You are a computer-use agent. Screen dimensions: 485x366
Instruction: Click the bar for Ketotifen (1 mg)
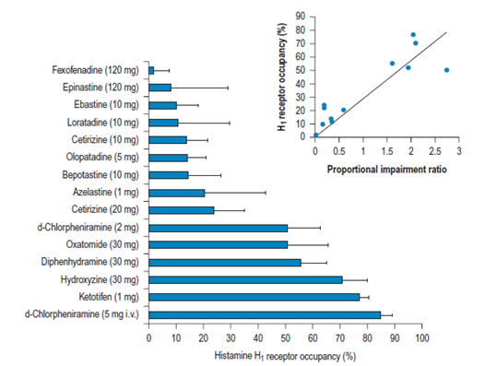coord(254,297)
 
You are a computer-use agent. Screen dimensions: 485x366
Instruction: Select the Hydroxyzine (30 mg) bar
coord(245,280)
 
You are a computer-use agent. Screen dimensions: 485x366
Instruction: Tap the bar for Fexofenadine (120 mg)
coord(151,71)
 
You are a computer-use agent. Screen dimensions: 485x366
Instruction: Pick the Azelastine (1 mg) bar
coord(177,193)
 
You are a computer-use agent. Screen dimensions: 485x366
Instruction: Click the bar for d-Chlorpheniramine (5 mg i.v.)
coord(265,315)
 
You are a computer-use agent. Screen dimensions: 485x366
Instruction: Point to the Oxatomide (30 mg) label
coord(102,244)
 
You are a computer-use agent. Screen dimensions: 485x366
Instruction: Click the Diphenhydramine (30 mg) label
coord(90,262)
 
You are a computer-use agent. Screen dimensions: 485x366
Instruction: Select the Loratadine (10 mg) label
coord(103,123)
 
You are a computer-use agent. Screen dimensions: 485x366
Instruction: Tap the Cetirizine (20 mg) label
coord(105,210)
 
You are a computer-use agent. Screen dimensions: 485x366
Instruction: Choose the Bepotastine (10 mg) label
coord(101,175)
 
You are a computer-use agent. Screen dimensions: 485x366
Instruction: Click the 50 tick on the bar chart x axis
coord(285,337)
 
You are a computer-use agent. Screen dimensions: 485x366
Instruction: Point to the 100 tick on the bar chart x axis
coord(422,337)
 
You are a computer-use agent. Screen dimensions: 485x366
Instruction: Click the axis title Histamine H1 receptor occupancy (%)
coord(285,356)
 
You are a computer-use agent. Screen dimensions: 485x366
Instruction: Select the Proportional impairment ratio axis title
coord(387,170)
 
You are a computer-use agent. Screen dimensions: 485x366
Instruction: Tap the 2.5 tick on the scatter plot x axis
coord(435,151)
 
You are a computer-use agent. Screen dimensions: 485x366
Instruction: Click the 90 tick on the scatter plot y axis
coord(301,16)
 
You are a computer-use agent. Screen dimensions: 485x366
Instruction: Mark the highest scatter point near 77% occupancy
coord(413,35)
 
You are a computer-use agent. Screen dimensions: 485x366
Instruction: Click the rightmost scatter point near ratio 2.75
coord(446,70)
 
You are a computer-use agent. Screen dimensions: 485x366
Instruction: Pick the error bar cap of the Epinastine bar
coord(228,88)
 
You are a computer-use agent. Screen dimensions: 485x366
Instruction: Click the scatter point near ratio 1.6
coord(392,64)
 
